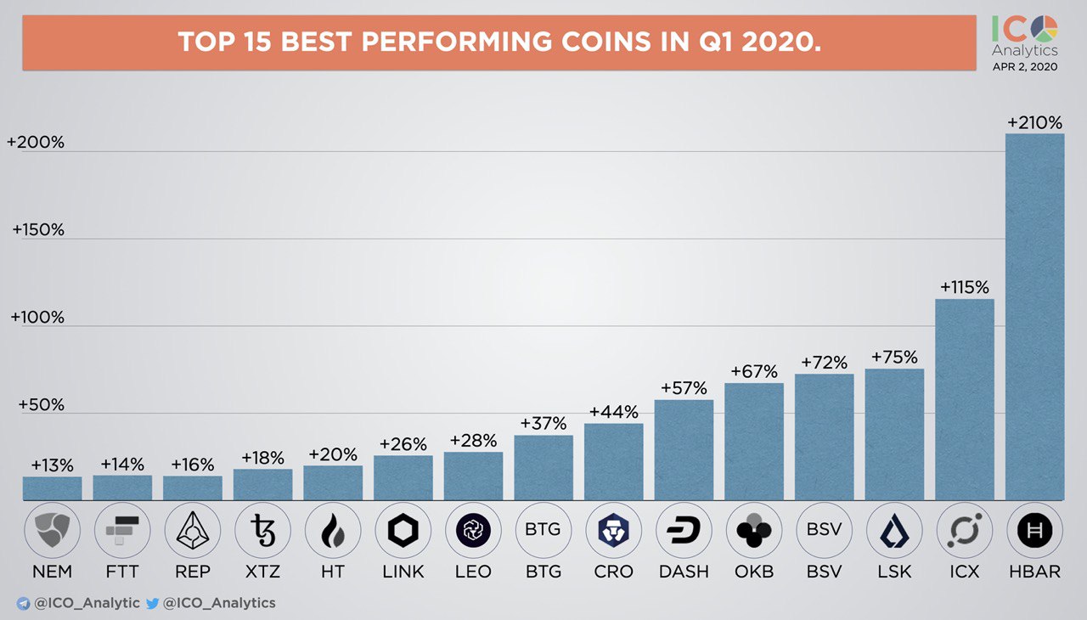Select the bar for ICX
click(964, 399)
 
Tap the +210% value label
click(1034, 122)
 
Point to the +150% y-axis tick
click(38, 230)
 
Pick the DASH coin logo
click(684, 531)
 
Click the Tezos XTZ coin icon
click(262, 531)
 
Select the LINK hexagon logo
click(403, 531)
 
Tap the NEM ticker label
click(52, 572)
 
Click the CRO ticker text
click(613, 572)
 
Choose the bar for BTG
click(543, 467)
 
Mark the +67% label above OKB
click(754, 371)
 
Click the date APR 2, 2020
click(1025, 67)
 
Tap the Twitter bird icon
click(153, 603)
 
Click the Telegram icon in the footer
click(23, 603)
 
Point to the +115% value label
click(964, 287)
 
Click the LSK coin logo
click(894, 531)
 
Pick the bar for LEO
click(473, 476)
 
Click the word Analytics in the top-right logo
click(1025, 51)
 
